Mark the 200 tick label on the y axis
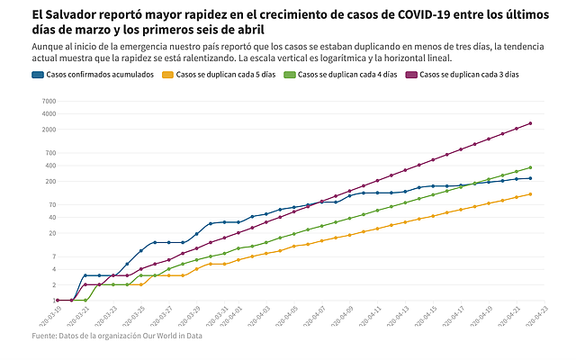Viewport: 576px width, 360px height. [x=49, y=181]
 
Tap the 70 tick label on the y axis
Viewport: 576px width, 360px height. [x=50, y=204]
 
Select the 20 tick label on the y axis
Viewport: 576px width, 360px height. [x=50, y=233]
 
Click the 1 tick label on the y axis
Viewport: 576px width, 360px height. [x=52, y=301]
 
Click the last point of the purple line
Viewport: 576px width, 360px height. [x=530, y=123]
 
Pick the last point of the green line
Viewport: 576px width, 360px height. [x=530, y=167]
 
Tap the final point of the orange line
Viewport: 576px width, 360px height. [x=530, y=193]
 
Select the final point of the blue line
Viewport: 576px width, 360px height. [x=530, y=178]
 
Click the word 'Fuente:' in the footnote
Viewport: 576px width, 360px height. [x=47, y=337]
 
